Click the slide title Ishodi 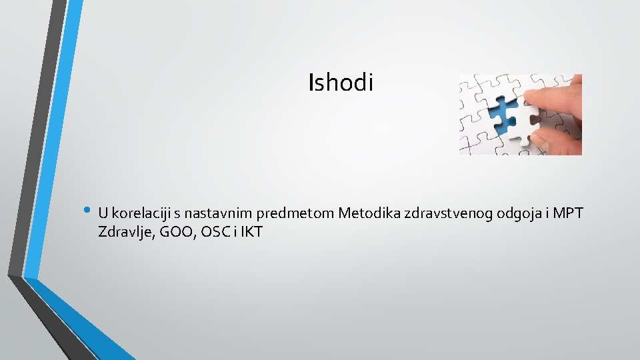click(x=341, y=83)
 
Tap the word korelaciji click(x=142, y=214)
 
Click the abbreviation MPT click(x=569, y=213)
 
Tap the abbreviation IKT click(x=252, y=233)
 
